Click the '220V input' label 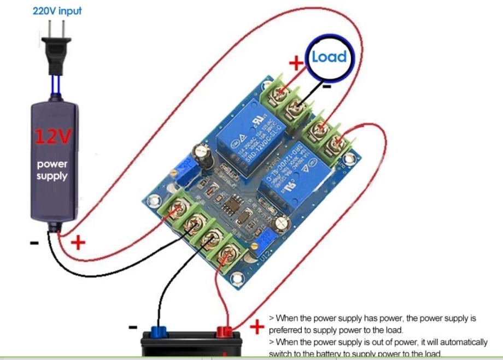pos(57,11)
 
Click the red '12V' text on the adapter pos(52,137)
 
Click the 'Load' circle pos(329,56)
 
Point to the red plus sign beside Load pos(296,63)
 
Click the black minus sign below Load pos(326,86)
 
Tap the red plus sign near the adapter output pos(78,241)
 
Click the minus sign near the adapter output pos(34,243)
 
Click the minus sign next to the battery pos(133,327)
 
